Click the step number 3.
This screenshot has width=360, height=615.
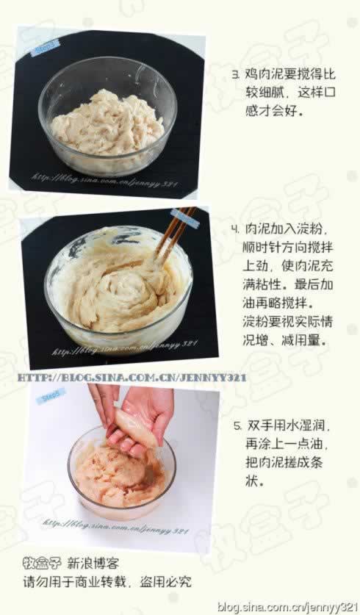pyautogui.click(x=236, y=75)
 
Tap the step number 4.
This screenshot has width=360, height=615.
pyautogui.click(x=236, y=229)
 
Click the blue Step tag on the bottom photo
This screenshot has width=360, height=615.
pyautogui.click(x=51, y=396)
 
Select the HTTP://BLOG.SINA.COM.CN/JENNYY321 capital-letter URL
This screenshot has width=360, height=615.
pyautogui.click(x=132, y=377)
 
